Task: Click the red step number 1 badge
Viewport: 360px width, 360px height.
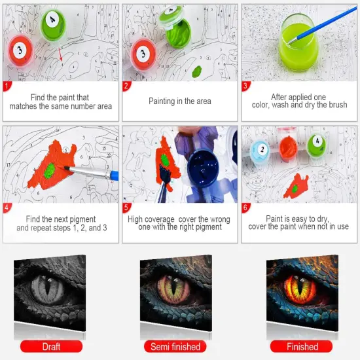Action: click(7, 85)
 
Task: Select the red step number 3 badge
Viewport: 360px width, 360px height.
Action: click(246, 85)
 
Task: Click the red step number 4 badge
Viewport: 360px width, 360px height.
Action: click(7, 208)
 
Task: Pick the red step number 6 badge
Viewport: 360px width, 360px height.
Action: click(246, 208)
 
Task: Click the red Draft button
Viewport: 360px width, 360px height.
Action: click(50, 346)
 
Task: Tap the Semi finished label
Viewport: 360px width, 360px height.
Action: click(179, 346)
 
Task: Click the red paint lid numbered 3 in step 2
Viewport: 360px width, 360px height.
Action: click(145, 53)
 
